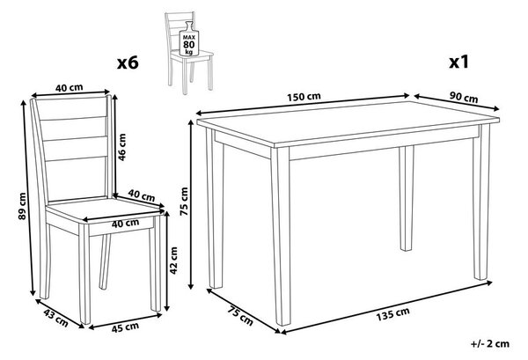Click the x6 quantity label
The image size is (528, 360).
pos(128,62)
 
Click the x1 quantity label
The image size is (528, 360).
pos(459,62)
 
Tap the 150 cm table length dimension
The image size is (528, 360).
pos(304,97)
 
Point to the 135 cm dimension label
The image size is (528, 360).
pos(393,314)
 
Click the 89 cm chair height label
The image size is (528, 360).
pos(22,206)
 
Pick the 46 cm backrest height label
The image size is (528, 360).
pos(122,147)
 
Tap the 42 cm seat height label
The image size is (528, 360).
pos(173,261)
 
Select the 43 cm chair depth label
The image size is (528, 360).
pos(56,318)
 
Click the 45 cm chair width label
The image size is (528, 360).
pos(125,327)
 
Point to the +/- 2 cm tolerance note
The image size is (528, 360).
pos(490,343)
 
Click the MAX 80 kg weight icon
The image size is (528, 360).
pos(189,40)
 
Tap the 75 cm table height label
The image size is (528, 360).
pos(184,202)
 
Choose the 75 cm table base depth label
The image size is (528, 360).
pos(240,315)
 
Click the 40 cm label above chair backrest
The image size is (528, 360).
pos(69,88)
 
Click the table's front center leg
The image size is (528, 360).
pos(282,236)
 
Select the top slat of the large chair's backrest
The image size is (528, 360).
pos(71,107)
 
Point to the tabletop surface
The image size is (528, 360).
pos(347,122)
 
